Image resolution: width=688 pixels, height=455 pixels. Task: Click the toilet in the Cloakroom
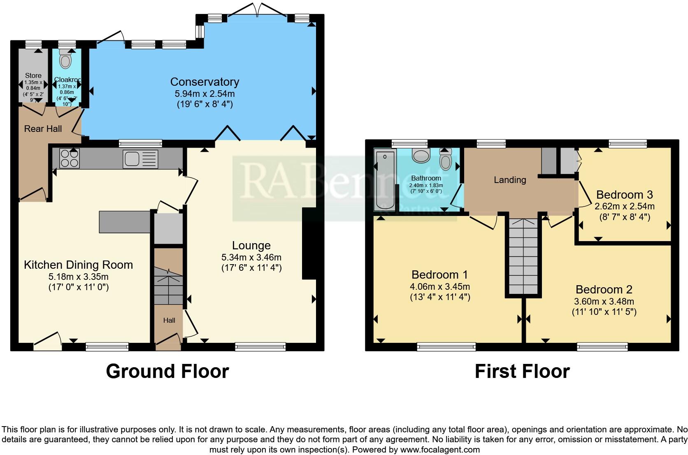(x=65, y=60)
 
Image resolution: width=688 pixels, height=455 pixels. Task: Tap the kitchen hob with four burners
(x=70, y=158)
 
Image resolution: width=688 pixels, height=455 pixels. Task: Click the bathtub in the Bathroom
(x=385, y=180)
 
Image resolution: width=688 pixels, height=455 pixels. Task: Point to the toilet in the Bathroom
(x=446, y=160)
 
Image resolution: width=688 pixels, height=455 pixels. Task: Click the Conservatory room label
(x=205, y=82)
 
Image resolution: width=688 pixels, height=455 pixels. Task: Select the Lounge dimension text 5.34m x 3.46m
(x=251, y=258)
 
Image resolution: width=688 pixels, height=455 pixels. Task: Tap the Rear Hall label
(x=43, y=129)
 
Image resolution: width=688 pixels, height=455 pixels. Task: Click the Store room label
(x=33, y=75)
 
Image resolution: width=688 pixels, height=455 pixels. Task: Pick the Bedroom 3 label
(x=624, y=195)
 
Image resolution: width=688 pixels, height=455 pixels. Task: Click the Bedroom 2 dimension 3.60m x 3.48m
(x=604, y=301)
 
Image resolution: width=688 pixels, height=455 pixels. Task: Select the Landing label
(x=510, y=180)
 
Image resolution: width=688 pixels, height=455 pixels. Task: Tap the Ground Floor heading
(x=167, y=371)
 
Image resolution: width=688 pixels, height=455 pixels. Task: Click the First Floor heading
(x=522, y=371)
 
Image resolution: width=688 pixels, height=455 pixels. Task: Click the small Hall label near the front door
(x=169, y=320)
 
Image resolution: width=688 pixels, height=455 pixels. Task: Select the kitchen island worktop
(x=125, y=222)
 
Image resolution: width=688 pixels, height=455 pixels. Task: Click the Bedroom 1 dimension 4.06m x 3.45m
(x=440, y=286)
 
